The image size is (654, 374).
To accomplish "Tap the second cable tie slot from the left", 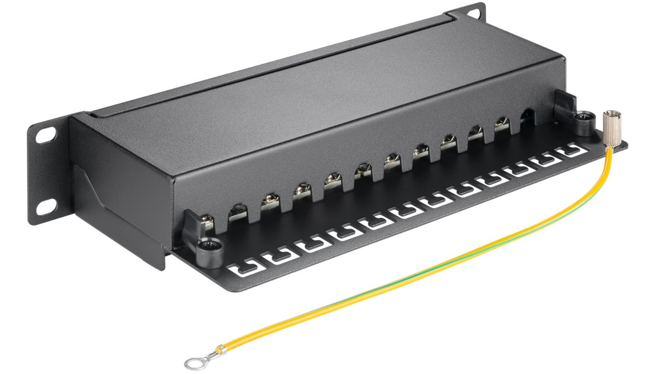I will tap(277, 258).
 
